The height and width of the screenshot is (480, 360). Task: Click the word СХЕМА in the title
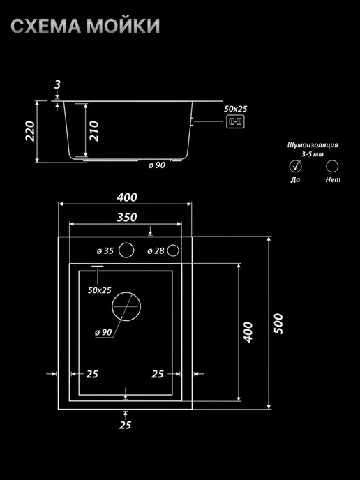coord(45,26)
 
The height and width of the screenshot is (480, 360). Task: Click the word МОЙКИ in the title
coord(123,26)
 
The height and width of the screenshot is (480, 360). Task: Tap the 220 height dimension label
coord(30,131)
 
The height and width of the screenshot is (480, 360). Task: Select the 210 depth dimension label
coord(94,131)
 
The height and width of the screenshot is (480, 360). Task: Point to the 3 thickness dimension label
coord(57,84)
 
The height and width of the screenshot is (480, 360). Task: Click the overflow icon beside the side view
coord(235,122)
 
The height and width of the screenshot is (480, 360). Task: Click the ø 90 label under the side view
coord(157,165)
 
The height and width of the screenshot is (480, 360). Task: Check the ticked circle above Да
coord(295,166)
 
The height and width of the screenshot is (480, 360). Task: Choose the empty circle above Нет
coord(332,166)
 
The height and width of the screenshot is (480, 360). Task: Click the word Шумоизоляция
coord(313,145)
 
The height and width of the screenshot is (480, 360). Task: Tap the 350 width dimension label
coord(127,218)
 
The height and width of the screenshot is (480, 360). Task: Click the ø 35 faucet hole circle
coord(126,250)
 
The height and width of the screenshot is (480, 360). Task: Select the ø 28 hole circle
coord(173,250)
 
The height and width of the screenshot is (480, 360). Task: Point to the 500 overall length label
coord(278,324)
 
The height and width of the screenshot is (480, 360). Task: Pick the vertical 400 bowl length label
coord(248,332)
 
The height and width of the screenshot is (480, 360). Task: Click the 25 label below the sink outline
coord(125,425)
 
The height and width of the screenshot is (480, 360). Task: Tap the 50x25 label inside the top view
coord(100,290)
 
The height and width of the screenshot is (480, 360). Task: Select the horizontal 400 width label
coord(127,197)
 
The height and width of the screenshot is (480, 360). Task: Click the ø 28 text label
coord(156,251)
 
